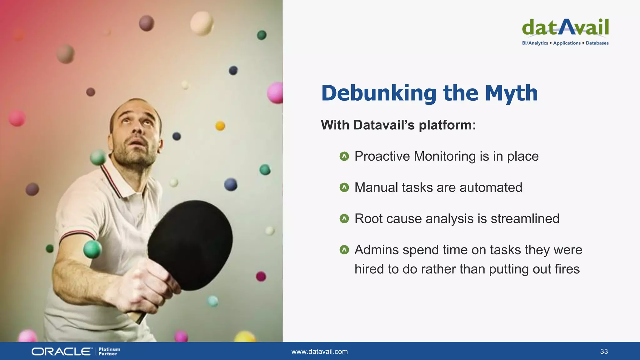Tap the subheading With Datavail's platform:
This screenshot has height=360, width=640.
[x=398, y=125]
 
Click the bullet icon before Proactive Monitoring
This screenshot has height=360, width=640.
[x=344, y=156]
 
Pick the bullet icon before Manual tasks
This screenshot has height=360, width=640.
[x=344, y=187]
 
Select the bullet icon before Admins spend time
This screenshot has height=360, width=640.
[x=344, y=250]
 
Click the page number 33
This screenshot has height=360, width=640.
[x=604, y=352]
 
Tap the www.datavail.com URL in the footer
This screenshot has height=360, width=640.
[x=319, y=352]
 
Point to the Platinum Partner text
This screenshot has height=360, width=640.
[x=109, y=352]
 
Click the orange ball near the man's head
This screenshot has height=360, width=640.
[x=220, y=126]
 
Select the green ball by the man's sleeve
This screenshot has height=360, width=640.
[x=92, y=249]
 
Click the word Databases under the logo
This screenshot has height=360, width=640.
[x=597, y=43]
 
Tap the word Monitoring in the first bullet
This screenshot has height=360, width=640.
[x=445, y=156]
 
